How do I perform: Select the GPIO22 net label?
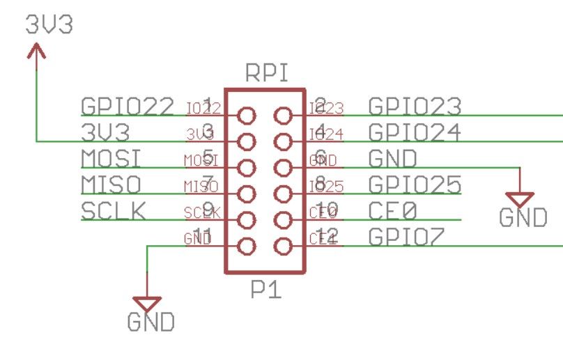click(x=128, y=106)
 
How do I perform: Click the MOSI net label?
click(x=111, y=159)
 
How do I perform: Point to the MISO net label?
click(x=111, y=185)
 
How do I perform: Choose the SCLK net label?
click(x=114, y=210)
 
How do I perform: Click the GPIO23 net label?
click(x=415, y=106)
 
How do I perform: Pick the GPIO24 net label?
click(x=415, y=132)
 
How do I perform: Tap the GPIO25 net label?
click(x=415, y=185)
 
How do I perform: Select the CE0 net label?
click(x=392, y=210)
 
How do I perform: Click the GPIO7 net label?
click(x=406, y=237)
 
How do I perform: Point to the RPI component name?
click(x=267, y=73)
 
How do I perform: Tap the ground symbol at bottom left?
click(x=148, y=304)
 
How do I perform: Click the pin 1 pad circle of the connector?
click(x=247, y=116)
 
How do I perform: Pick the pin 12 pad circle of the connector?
click(x=282, y=246)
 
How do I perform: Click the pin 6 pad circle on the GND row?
click(x=282, y=168)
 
